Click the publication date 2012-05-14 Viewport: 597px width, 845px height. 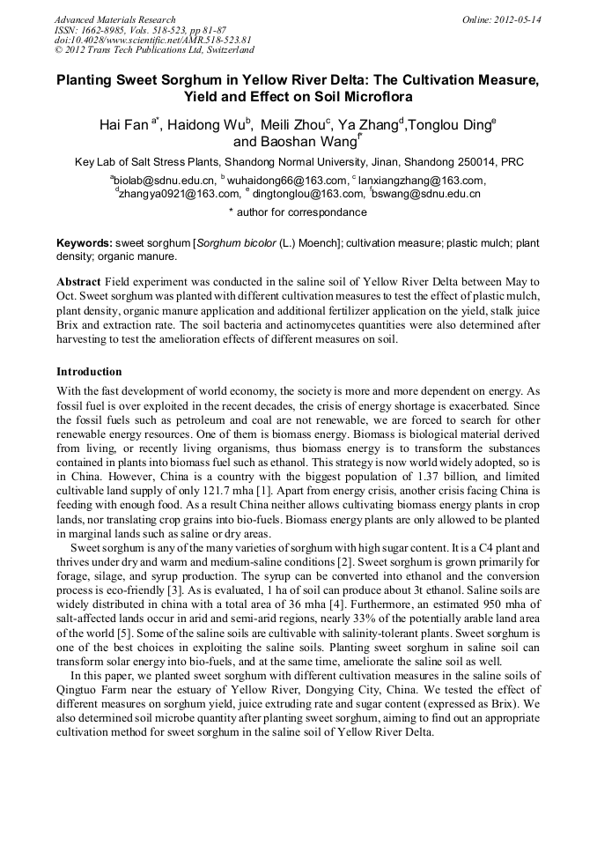click(518, 19)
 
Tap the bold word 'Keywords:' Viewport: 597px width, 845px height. click(85, 243)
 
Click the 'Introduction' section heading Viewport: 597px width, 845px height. click(89, 372)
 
